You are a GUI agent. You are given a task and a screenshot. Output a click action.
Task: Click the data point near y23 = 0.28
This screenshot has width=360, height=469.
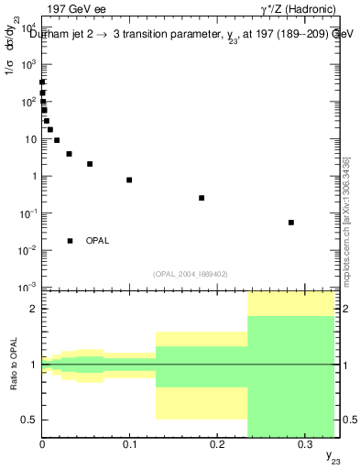(x=291, y=223)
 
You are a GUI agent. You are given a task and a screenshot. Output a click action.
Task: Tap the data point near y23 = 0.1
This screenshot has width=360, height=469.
(x=129, y=180)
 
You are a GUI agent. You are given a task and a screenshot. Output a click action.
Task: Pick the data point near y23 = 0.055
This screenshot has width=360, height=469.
(x=90, y=164)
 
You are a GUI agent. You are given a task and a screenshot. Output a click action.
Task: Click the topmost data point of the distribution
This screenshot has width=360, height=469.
(x=42, y=82)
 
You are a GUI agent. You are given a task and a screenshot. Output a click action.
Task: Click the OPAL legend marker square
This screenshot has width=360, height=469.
(x=70, y=241)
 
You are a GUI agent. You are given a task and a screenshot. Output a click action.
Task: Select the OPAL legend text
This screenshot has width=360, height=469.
(x=98, y=241)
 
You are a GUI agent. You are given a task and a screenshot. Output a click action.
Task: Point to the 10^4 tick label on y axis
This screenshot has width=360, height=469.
(x=27, y=28)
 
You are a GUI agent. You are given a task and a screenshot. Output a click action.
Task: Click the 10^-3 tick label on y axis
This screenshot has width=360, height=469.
(x=27, y=288)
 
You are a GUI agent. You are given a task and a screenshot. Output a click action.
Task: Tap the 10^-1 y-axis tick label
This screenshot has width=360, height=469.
(x=27, y=213)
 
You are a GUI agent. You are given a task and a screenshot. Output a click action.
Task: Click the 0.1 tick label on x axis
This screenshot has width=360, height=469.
(x=129, y=443)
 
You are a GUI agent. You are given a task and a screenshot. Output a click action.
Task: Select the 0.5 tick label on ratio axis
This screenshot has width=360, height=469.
(x=29, y=420)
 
